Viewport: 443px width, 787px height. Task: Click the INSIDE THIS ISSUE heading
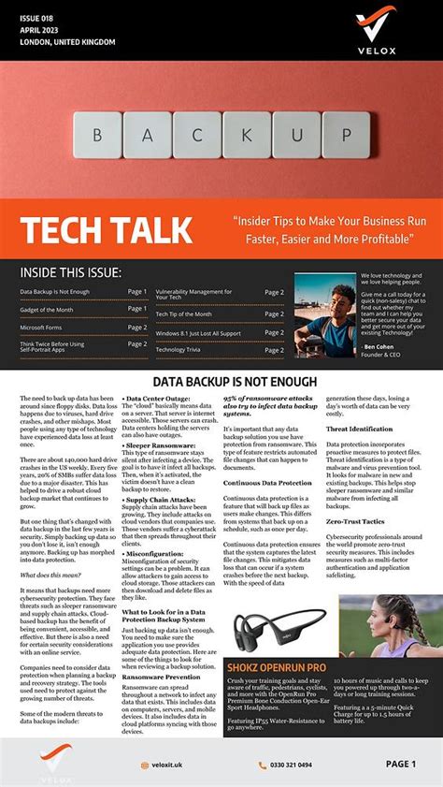pos(71,272)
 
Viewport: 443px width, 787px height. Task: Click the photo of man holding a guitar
pos(325,315)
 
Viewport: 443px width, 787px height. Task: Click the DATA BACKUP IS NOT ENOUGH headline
pos(221,382)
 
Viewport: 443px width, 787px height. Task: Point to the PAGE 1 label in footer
pos(401,764)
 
